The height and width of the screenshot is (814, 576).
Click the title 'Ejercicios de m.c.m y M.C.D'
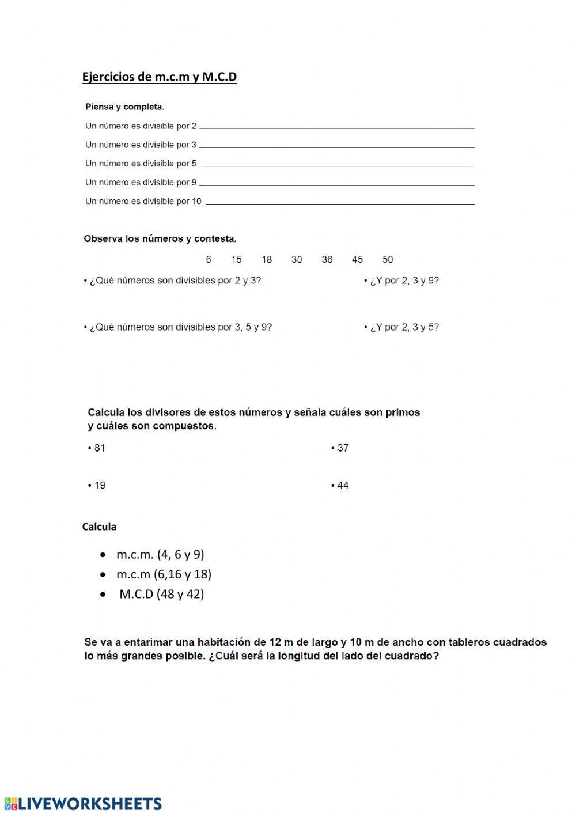coord(160,77)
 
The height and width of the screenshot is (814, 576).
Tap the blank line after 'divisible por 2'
coord(336,127)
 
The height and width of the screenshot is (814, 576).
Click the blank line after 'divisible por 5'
coord(338,165)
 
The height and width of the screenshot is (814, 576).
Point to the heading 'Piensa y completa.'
coord(125,107)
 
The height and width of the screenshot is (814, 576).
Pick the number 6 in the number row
coord(209,260)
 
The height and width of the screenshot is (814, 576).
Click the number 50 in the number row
coord(388,260)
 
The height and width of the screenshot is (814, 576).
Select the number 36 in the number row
coord(327,260)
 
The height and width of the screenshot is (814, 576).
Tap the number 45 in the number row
coord(357,260)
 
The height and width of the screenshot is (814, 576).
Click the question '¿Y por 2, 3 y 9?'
coord(402,281)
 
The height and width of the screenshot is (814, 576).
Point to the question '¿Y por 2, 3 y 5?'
coord(402,327)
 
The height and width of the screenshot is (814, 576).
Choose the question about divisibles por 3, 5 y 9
coord(179,327)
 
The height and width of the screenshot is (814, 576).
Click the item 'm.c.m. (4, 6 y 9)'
coord(160,555)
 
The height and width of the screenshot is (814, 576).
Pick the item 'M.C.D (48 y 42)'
coord(161,594)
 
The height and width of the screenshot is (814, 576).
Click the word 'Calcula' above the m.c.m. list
coord(100,527)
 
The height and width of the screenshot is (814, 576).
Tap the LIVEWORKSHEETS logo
coord(83,804)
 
